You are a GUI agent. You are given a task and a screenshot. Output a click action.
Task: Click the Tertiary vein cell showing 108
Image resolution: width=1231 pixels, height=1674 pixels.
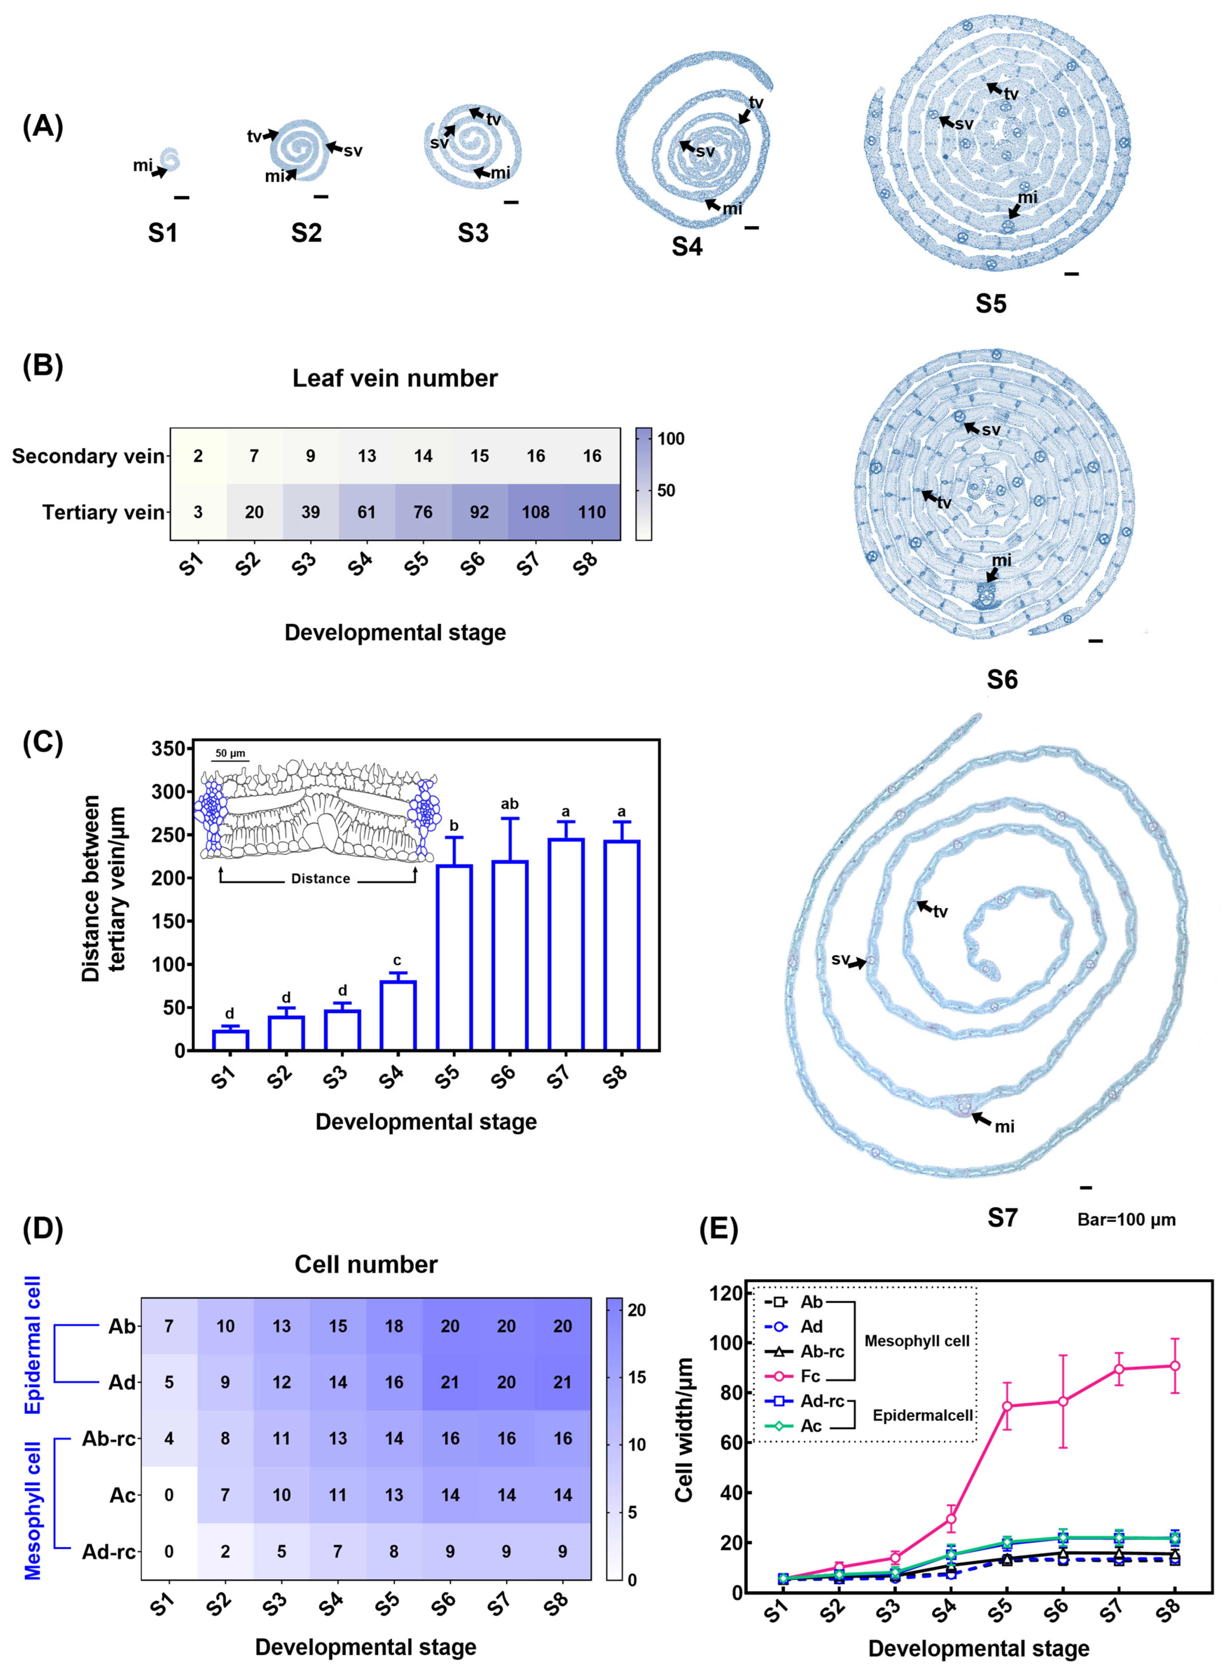pyautogui.click(x=535, y=512)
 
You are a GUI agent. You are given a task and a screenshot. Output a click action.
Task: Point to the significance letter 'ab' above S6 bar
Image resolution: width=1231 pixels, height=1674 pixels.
pyautogui.click(x=510, y=803)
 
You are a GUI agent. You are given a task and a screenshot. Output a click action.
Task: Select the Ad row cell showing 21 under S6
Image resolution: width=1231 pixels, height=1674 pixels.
pyautogui.click(x=450, y=1382)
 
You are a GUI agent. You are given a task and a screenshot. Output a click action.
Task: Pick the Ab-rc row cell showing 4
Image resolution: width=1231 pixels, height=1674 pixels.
pyautogui.click(x=169, y=1439)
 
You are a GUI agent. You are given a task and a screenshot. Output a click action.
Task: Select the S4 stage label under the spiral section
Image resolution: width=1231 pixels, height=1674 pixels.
pyautogui.click(x=687, y=246)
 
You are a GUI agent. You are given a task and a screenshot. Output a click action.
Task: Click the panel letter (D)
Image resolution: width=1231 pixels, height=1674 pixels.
pyautogui.click(x=42, y=1228)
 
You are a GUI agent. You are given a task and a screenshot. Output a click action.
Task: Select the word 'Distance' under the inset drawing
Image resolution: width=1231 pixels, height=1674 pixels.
pyautogui.click(x=320, y=879)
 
